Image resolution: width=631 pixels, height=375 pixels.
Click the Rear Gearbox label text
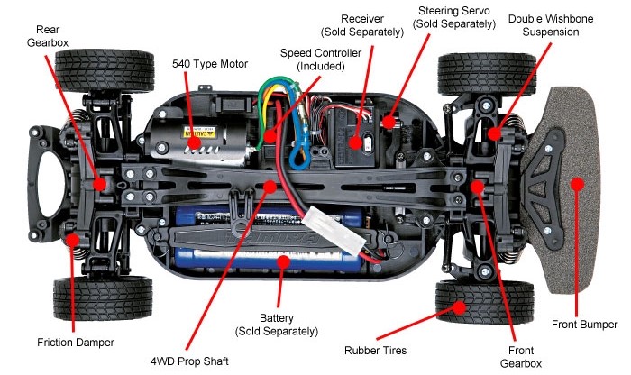[x=48, y=36]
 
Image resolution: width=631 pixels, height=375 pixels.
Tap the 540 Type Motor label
[x=210, y=64]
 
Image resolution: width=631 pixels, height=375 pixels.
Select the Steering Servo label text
[x=454, y=17]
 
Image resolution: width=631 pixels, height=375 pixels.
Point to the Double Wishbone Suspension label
[x=551, y=25]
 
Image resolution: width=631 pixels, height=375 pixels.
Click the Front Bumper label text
[x=584, y=325]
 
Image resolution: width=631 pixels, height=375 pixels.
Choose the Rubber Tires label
[x=376, y=351]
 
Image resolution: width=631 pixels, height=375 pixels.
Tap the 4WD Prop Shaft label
[x=189, y=361]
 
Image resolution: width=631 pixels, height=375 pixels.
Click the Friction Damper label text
[x=76, y=343]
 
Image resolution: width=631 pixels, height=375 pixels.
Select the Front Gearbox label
[x=521, y=357]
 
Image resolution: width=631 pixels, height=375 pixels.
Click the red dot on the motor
[x=195, y=142]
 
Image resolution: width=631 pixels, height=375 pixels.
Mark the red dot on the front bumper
[x=578, y=184]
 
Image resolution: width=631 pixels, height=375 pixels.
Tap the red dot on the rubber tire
[x=459, y=307]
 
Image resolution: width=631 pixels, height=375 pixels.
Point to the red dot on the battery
[x=283, y=262]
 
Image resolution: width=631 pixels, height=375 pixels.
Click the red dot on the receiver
[x=355, y=142]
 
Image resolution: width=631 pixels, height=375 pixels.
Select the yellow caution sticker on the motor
[x=200, y=132]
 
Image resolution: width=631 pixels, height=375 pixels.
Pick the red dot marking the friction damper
[x=73, y=240]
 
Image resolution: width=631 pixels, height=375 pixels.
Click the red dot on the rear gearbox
[x=99, y=184]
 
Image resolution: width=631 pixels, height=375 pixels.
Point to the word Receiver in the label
[x=362, y=19]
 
